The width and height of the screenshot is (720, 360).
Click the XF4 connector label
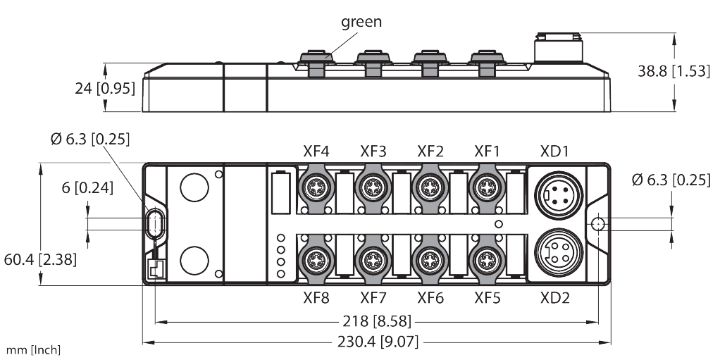[316, 151]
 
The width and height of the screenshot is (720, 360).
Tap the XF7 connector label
[373, 298]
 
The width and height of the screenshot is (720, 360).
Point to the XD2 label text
[554, 298]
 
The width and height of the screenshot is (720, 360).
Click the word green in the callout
[361, 22]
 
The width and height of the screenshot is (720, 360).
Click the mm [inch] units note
[32, 350]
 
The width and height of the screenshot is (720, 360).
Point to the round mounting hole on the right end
[596, 223]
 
